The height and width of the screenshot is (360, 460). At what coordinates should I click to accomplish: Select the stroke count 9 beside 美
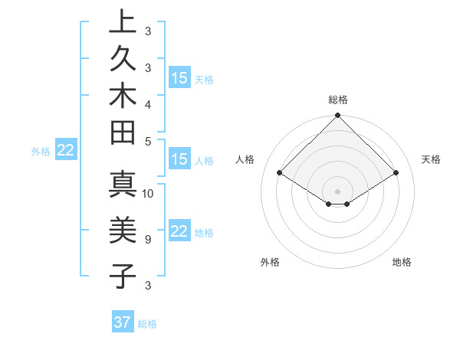(147, 240)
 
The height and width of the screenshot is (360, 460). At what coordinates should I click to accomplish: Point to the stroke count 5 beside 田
(147, 140)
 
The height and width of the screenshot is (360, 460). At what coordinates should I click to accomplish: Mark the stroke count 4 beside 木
(147, 103)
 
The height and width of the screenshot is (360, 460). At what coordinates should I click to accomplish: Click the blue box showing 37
(123, 322)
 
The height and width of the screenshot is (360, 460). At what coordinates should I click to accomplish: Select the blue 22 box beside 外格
(66, 151)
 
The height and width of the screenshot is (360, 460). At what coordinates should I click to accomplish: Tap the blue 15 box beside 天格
(179, 78)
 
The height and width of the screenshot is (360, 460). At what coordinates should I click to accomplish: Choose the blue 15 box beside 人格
(179, 160)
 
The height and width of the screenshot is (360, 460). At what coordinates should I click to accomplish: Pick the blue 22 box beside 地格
(179, 232)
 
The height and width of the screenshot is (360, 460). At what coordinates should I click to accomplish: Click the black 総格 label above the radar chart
(338, 100)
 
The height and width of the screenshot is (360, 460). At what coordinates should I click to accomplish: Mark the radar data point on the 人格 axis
(280, 174)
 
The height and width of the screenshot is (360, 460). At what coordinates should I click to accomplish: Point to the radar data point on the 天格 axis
(396, 174)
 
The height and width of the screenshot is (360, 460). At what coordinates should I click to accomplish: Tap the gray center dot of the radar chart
(338, 191)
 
